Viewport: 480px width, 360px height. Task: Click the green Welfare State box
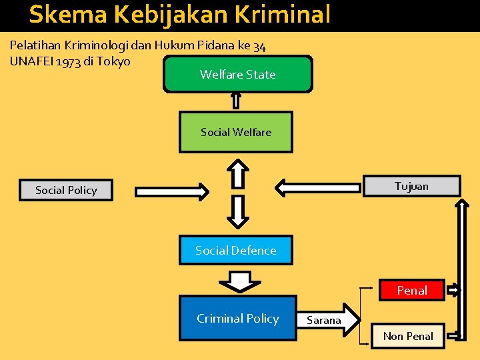[x=237, y=74]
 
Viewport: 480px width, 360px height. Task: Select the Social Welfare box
[x=236, y=132]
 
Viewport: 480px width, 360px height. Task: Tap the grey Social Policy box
[x=66, y=190]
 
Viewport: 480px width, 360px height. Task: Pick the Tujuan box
[x=411, y=186]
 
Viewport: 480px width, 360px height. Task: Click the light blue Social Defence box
[x=235, y=250]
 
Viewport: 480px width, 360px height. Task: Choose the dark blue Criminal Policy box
[x=237, y=318]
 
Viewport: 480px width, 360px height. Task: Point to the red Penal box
[x=411, y=290]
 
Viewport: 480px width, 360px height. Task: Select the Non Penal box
[x=407, y=336]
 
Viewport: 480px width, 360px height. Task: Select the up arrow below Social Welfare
[x=237, y=172]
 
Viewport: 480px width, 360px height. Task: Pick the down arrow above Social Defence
[x=237, y=212]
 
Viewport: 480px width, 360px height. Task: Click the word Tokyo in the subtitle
[x=115, y=61]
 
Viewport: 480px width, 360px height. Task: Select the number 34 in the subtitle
[x=259, y=45]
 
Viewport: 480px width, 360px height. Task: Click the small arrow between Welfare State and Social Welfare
[x=235, y=100]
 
